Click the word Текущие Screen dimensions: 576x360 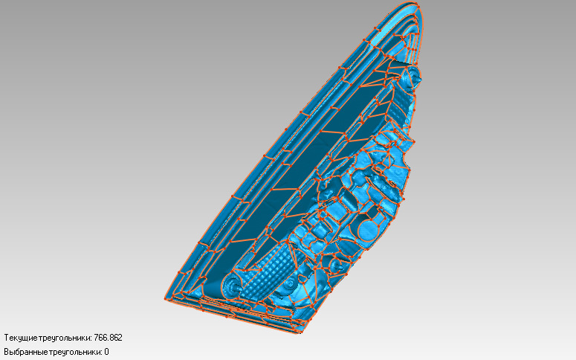pyautogui.click(x=21, y=338)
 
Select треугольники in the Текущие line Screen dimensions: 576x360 pyautogui.click(x=64, y=338)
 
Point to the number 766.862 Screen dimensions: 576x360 pyautogui.click(x=108, y=338)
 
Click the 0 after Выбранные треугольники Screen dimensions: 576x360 pyautogui.click(x=106, y=352)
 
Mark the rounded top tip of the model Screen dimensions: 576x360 pyautogui.click(x=413, y=5)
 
